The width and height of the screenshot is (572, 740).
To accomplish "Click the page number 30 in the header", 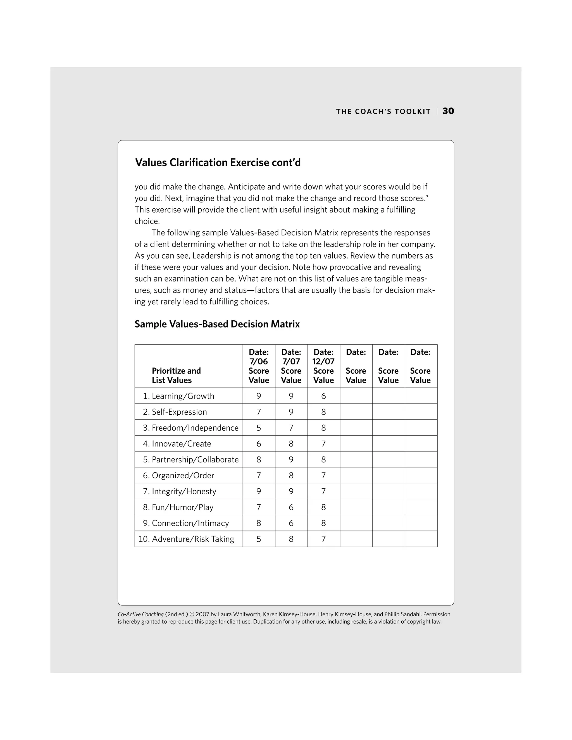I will (x=448, y=111).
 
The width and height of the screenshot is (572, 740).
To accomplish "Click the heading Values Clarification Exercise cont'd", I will (x=218, y=163).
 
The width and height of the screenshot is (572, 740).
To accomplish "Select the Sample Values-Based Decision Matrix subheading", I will (x=217, y=324).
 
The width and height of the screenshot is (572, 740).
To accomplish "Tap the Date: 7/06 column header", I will (x=259, y=366).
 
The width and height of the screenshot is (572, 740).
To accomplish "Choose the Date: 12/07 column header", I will (x=323, y=366).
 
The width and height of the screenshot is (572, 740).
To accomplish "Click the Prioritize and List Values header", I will (x=176, y=375).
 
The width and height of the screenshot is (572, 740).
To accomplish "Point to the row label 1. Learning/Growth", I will (x=178, y=396).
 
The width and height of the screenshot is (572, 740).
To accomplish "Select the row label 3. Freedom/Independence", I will (x=190, y=428).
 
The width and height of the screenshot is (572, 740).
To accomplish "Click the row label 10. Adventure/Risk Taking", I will (x=186, y=539).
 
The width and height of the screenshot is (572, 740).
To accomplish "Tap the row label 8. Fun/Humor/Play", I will (x=178, y=507).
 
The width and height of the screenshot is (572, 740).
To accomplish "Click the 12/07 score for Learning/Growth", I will (x=323, y=396).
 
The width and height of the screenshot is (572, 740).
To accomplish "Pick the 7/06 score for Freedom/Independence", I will (x=259, y=428).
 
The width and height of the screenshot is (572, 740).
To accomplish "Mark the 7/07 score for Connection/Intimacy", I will (x=291, y=523).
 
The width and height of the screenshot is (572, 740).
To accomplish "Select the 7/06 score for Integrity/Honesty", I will (x=259, y=491).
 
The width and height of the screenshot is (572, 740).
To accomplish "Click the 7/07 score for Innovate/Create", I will (x=291, y=444).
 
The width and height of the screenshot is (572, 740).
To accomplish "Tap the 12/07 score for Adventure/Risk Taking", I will (x=323, y=539).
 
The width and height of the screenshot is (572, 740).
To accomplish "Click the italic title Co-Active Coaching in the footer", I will (x=141, y=614).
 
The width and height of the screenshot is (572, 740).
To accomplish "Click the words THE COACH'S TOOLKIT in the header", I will (x=383, y=112).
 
